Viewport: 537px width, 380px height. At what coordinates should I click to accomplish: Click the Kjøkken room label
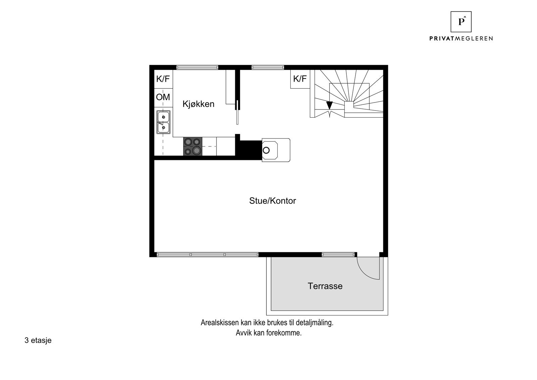(x=198, y=104)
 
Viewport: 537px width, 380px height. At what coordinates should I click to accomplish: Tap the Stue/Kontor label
(x=273, y=201)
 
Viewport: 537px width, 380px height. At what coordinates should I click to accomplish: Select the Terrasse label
(x=325, y=286)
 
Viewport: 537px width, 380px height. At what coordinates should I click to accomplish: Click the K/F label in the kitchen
(x=163, y=79)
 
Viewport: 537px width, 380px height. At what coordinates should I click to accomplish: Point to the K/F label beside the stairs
(x=300, y=79)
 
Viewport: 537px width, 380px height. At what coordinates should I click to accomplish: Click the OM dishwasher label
(x=163, y=97)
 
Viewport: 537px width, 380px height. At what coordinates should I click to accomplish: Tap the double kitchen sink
(x=163, y=122)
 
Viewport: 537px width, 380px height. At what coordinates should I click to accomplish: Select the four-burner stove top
(x=193, y=146)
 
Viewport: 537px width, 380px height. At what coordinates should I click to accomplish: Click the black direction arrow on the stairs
(x=330, y=105)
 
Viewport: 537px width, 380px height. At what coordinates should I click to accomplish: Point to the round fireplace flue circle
(x=266, y=150)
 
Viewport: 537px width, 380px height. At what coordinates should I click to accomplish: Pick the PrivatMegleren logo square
(x=461, y=22)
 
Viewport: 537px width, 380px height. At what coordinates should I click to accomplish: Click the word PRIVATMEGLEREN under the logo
(x=461, y=39)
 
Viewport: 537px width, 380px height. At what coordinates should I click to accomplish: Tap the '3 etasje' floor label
(x=38, y=340)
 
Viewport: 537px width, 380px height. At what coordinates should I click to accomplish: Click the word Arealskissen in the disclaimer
(x=220, y=323)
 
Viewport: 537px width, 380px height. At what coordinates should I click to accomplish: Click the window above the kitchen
(x=197, y=68)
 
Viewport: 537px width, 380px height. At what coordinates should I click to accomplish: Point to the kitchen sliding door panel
(x=237, y=112)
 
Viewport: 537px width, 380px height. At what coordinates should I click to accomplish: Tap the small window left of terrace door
(x=338, y=255)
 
